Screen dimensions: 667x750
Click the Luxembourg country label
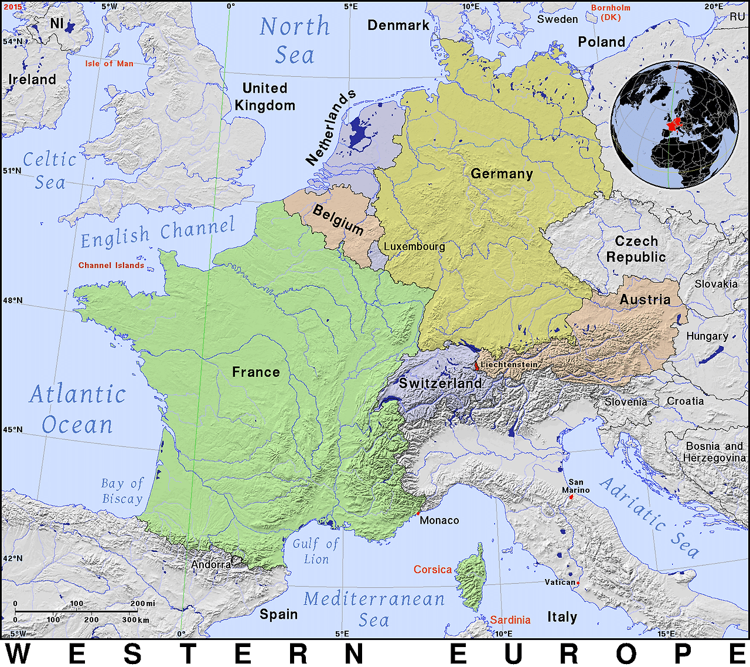click(x=414, y=246)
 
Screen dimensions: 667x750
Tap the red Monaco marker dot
click(x=418, y=513)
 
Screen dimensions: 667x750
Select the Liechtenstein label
click(x=509, y=364)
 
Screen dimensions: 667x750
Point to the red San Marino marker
click(x=571, y=497)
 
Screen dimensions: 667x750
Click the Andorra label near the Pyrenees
click(x=211, y=564)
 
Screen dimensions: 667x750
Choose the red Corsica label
click(x=432, y=570)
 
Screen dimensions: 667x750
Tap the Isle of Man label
click(x=109, y=63)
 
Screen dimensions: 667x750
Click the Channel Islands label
click(x=111, y=265)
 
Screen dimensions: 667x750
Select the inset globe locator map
click(x=674, y=124)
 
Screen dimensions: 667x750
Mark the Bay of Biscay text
click(x=122, y=491)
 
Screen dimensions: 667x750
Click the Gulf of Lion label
click(x=316, y=551)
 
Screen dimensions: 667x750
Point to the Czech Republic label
click(x=636, y=249)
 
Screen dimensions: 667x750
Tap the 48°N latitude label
click(x=12, y=300)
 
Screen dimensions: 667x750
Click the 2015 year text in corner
click(x=12, y=7)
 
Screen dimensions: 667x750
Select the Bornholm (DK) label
click(x=611, y=12)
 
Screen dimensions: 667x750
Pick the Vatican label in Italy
click(x=560, y=582)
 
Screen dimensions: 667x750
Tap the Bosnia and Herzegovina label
click(x=714, y=452)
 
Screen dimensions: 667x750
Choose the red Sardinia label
click(x=510, y=620)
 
